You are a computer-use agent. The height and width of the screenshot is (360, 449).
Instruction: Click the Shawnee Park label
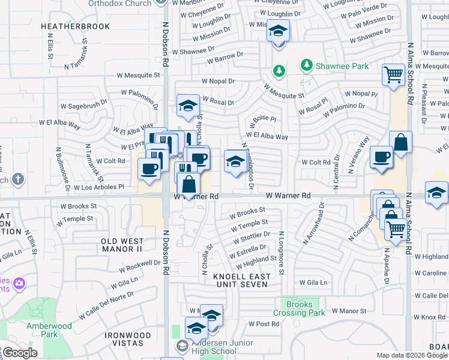point(343,66)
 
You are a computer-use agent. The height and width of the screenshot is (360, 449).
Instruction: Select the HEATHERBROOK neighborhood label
point(76,26)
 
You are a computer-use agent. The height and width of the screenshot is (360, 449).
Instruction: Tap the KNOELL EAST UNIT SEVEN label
point(241,280)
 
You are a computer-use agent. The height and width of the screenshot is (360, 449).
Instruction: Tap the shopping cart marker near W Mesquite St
point(393,75)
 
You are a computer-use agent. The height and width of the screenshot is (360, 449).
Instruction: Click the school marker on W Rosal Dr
point(188,106)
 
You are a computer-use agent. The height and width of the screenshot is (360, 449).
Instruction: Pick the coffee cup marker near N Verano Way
point(381,157)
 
